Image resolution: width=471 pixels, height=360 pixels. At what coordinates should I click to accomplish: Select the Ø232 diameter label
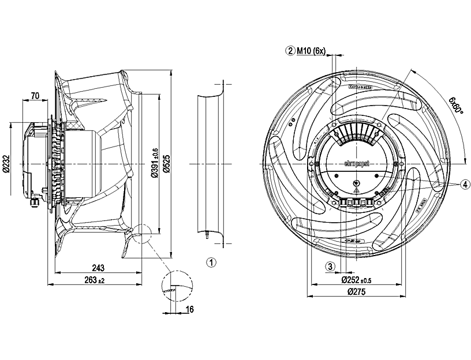pos(6,165)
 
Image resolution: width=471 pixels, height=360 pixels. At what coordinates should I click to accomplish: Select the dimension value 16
pos(189,310)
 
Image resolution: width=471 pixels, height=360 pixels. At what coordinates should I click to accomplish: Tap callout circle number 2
pos(290,51)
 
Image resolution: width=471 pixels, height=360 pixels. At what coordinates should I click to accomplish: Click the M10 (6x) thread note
pos(312,51)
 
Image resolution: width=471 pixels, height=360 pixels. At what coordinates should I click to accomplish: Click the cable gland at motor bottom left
pos(34,201)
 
